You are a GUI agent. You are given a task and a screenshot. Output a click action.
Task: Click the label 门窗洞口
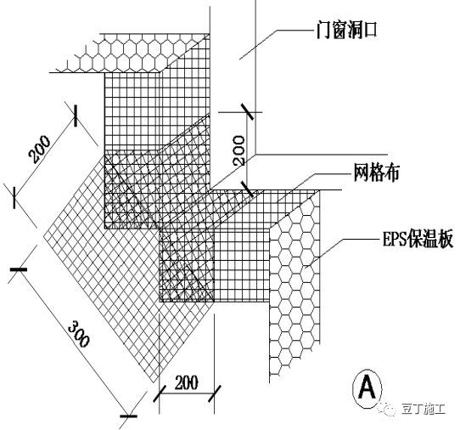click(x=346, y=31)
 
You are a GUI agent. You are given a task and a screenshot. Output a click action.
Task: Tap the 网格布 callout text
click(x=376, y=173)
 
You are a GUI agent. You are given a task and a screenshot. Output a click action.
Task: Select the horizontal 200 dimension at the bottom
click(x=186, y=382)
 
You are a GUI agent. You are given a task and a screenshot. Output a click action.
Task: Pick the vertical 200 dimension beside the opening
click(x=238, y=150)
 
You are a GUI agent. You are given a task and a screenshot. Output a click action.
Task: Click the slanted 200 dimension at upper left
click(x=40, y=149)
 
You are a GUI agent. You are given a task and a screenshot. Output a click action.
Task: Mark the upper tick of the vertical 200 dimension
click(x=247, y=111)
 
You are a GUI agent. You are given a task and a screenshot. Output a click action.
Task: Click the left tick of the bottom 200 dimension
click(x=160, y=393)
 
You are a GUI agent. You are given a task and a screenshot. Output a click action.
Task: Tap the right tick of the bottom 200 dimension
click(x=214, y=393)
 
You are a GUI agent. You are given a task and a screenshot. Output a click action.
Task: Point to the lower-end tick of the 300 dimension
click(x=128, y=416)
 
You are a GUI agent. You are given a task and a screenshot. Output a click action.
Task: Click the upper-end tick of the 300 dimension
click(x=19, y=269)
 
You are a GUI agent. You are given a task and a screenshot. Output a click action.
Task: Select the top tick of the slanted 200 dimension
click(x=76, y=116)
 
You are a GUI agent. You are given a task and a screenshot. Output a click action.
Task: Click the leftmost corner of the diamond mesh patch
click(x=44, y=235)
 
